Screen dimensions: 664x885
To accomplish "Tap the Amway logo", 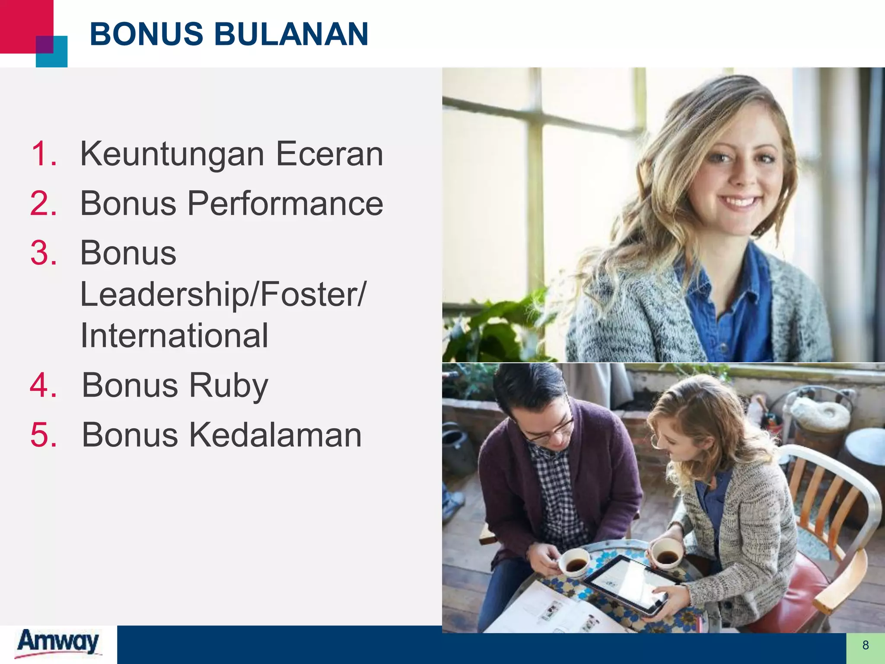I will pos(58,643).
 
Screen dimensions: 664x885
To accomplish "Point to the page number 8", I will pos(865,645).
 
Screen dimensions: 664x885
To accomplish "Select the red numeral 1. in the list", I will pos(44,154).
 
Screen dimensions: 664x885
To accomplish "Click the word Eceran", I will pos(329,154).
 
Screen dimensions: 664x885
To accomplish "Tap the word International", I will pos(174,335).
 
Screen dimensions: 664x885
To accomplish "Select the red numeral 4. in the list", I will pos(44,385).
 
